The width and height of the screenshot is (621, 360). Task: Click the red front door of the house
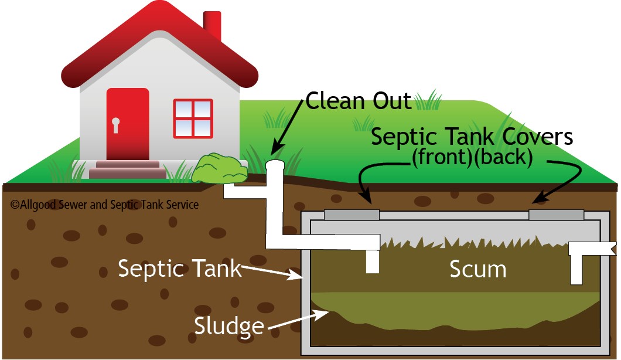click(x=127, y=123)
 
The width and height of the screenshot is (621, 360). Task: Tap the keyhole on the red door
click(x=115, y=125)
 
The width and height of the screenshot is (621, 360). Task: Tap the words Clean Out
click(x=359, y=101)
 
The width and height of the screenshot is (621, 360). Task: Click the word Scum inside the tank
click(x=477, y=269)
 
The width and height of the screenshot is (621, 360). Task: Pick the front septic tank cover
click(x=352, y=215)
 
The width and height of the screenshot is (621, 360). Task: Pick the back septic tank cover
click(x=556, y=215)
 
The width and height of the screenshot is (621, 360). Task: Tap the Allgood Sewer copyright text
click(x=104, y=205)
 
